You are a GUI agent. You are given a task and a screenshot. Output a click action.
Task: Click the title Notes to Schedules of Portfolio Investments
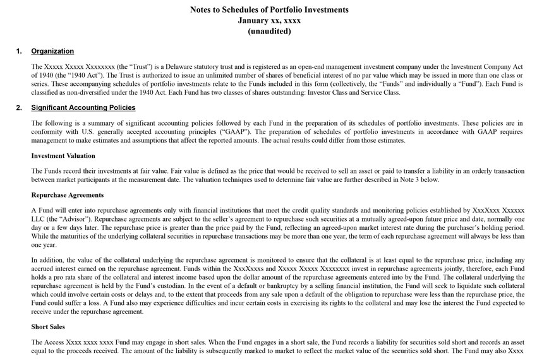[x=268, y=10]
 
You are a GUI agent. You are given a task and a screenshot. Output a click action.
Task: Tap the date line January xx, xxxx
[x=268, y=20]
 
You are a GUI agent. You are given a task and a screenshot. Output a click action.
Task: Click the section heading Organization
[x=52, y=51]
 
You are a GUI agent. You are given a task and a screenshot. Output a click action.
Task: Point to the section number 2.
[x=19, y=107]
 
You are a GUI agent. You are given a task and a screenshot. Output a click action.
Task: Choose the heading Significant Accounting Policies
[x=83, y=107]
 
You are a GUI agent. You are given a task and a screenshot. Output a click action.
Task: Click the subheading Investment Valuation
[x=63, y=155]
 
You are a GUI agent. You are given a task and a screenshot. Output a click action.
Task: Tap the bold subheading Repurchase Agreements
[x=67, y=195]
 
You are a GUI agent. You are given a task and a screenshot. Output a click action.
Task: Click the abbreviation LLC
[x=39, y=218]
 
